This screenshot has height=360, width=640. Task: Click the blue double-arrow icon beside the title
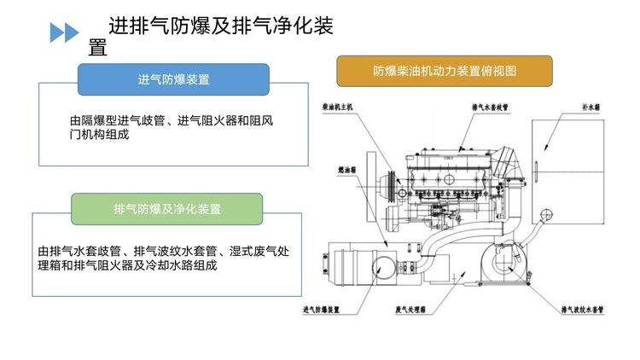pos(64,33)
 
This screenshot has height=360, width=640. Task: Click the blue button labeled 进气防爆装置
pos(173,79)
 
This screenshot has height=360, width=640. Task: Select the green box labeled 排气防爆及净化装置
pos(166,209)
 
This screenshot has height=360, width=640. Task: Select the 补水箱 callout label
pos(591,109)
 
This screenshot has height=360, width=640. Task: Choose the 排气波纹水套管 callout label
pos(583,309)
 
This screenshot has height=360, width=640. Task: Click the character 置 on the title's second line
pos(98,48)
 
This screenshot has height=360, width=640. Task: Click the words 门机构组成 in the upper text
pos(99,135)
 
